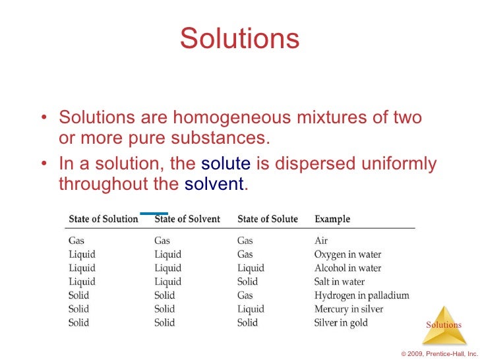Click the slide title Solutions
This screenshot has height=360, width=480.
pyautogui.click(x=239, y=39)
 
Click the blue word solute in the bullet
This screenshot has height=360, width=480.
pyautogui.click(x=225, y=164)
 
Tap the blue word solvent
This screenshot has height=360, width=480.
pyautogui.click(x=214, y=184)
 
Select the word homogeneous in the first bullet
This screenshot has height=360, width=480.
pyautogui.click(x=232, y=118)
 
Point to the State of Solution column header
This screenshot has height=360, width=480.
pyautogui.click(x=104, y=219)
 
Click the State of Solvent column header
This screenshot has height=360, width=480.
pyautogui.click(x=187, y=219)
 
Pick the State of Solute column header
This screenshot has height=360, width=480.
pyautogui.click(x=267, y=219)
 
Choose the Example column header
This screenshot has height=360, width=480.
pyautogui.click(x=332, y=219)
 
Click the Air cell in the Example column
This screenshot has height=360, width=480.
pyautogui.click(x=321, y=241)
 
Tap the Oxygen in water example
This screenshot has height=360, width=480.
pyautogui.click(x=347, y=255)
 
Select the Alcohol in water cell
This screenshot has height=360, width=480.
pyautogui.click(x=347, y=268)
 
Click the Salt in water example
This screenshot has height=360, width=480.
pyautogui.click(x=340, y=282)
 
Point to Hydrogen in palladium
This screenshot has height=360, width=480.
pyautogui.click(x=361, y=295)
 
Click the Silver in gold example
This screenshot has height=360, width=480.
pyautogui.click(x=341, y=323)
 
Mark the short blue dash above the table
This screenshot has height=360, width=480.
pyautogui.click(x=154, y=213)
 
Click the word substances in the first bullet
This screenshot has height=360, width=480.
pyautogui.click(x=227, y=138)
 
